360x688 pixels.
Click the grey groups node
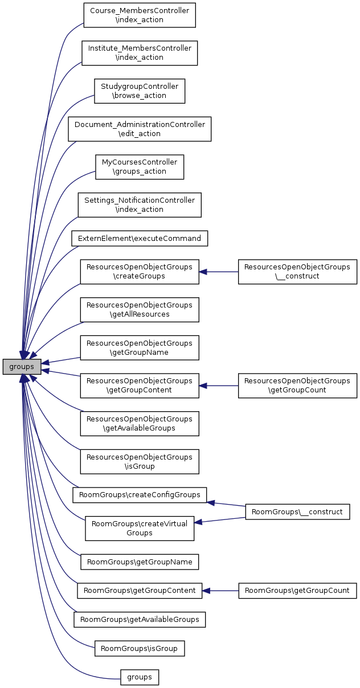(22, 367)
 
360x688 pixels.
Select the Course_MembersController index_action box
(140, 15)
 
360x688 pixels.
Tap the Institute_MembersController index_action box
(140, 53)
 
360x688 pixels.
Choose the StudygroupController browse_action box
(140, 91)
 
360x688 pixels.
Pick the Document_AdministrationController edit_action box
(140, 129)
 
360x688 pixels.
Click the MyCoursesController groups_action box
(140, 167)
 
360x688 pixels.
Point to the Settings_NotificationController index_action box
(140, 205)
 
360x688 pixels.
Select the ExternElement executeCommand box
(140, 238)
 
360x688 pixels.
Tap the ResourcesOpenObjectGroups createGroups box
(140, 272)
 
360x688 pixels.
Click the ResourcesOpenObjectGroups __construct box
(297, 272)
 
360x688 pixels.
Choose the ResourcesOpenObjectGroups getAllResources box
(140, 310)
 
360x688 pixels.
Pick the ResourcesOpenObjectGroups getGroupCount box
(297, 386)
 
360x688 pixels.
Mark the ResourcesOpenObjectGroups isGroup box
(140, 462)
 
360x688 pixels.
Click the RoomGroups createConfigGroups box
(140, 495)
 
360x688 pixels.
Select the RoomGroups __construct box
(297, 512)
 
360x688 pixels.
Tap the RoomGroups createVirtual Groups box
(140, 529)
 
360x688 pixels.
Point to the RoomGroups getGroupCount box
(297, 591)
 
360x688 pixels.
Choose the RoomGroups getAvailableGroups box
(140, 619)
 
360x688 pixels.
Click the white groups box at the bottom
(140, 677)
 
